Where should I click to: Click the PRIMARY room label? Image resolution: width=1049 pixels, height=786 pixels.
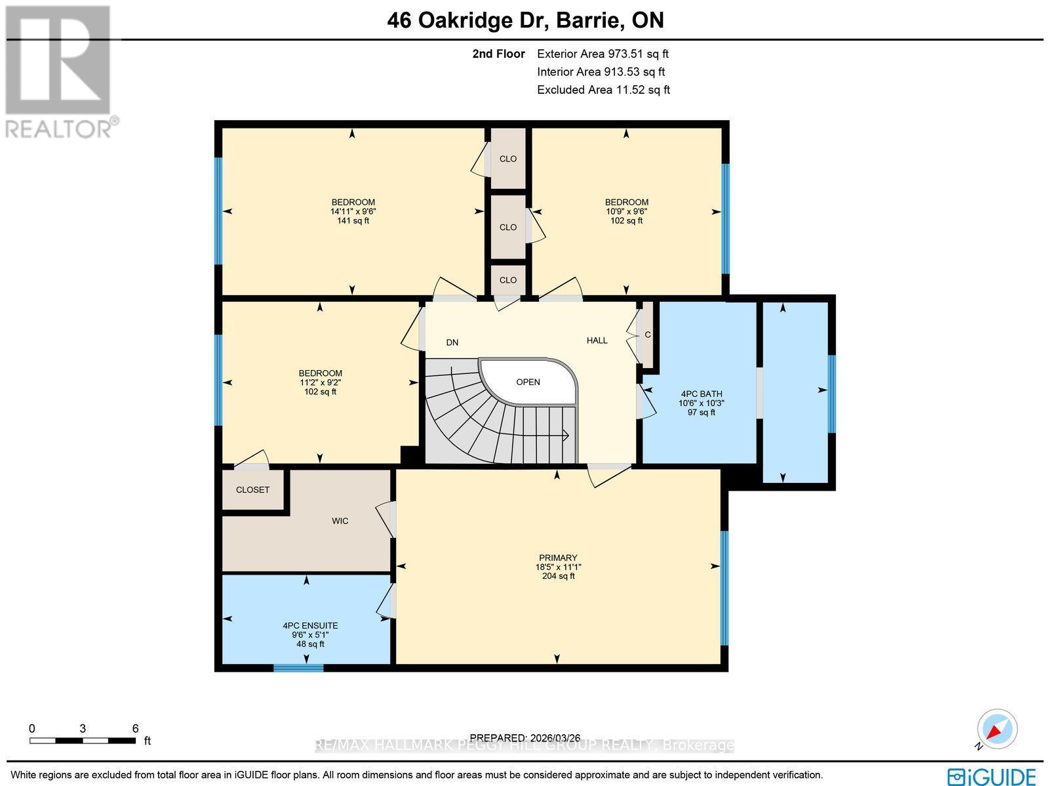pyautogui.click(x=558, y=558)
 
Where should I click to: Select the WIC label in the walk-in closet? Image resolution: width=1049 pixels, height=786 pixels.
pyautogui.click(x=340, y=521)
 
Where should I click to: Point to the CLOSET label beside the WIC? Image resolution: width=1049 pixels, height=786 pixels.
pyautogui.click(x=252, y=489)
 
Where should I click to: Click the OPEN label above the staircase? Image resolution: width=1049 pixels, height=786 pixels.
pyautogui.click(x=528, y=382)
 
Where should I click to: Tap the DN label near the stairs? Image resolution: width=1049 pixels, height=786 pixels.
pyautogui.click(x=452, y=342)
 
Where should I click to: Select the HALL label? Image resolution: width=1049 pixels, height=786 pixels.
pyautogui.click(x=597, y=341)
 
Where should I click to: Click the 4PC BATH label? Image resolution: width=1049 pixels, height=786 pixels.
pyautogui.click(x=701, y=394)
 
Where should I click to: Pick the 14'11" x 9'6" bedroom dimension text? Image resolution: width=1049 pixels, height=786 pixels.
pyautogui.click(x=353, y=211)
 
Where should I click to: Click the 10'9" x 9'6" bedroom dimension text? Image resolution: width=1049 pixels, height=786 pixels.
pyautogui.click(x=626, y=211)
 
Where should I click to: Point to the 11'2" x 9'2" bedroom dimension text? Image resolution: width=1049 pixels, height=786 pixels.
pyautogui.click(x=320, y=383)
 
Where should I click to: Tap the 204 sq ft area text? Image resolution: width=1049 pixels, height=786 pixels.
pyautogui.click(x=558, y=576)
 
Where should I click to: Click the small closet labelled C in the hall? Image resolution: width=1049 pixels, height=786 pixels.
pyautogui.click(x=647, y=335)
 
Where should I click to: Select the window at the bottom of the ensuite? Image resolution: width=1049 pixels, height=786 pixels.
pyautogui.click(x=298, y=668)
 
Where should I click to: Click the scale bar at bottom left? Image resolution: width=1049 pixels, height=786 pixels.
pyautogui.click(x=83, y=741)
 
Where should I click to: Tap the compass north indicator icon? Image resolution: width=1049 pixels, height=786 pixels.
pyautogui.click(x=997, y=730)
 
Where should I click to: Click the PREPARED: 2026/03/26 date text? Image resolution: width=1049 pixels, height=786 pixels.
pyautogui.click(x=524, y=738)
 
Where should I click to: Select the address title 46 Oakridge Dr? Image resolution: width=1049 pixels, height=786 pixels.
pyautogui.click(x=468, y=20)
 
